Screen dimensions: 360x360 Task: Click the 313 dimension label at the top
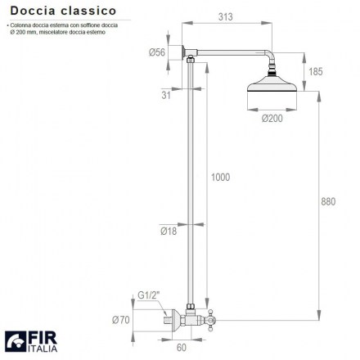(226, 17)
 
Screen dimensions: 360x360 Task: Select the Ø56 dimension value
(157, 52)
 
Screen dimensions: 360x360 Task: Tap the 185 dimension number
(316, 71)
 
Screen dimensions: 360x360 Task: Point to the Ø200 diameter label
(272, 119)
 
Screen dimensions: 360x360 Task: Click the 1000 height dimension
(221, 178)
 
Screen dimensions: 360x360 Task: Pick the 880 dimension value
(328, 202)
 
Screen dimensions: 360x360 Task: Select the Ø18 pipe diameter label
(169, 232)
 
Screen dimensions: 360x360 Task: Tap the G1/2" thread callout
(148, 295)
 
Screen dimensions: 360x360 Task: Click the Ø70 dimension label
(121, 320)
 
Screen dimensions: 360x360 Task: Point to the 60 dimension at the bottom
(182, 348)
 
